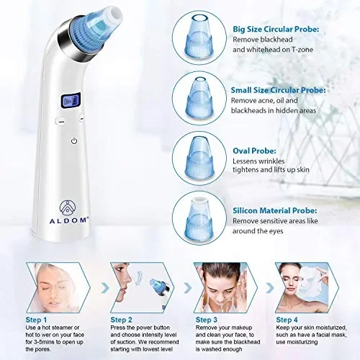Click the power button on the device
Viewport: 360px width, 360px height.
coord(74,141)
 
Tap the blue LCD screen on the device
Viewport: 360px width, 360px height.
coord(71,101)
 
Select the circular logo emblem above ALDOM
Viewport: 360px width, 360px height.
coord(68,208)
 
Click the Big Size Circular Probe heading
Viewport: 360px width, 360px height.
coord(276,30)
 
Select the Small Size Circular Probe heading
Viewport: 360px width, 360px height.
coord(279,90)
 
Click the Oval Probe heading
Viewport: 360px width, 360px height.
coord(254,151)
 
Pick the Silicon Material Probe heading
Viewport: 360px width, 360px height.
coord(275,211)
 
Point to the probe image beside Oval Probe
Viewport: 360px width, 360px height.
coord(199,157)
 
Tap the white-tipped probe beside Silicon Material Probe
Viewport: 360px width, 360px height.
coord(199,217)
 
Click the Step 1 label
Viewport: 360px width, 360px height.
coord(36,320)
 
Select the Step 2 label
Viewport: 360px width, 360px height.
coord(121,320)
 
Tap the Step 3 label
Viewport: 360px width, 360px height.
coord(207,320)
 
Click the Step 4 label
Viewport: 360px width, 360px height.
coord(287,320)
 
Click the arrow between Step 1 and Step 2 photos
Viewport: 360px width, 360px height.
coord(105,288)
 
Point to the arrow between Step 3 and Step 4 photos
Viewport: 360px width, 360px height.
coord(270,288)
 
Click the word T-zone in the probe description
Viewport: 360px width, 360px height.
coord(302,50)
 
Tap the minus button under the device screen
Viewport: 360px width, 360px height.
coord(61,122)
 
